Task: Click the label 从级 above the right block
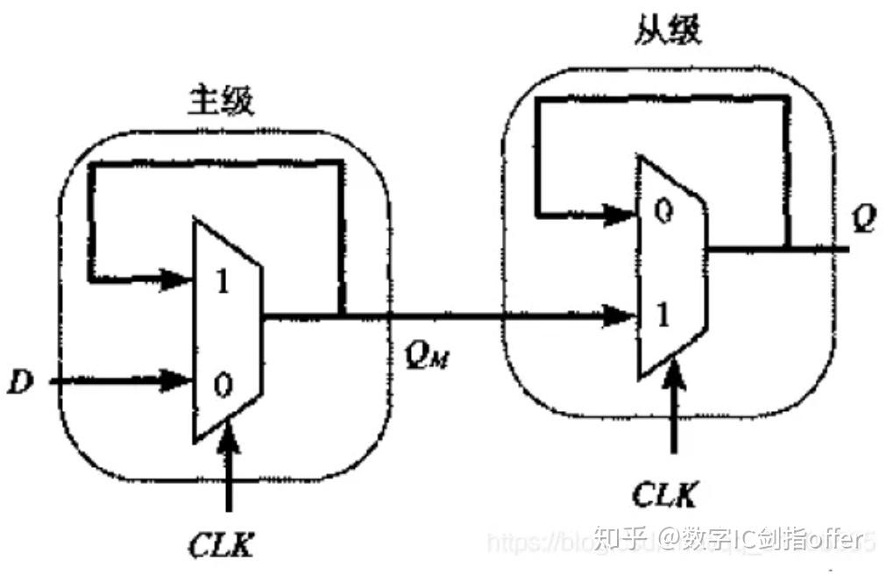click(668, 32)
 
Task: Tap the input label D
click(18, 381)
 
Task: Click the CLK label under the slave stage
click(665, 495)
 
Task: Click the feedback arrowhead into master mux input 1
click(181, 280)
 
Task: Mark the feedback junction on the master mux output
click(340, 314)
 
